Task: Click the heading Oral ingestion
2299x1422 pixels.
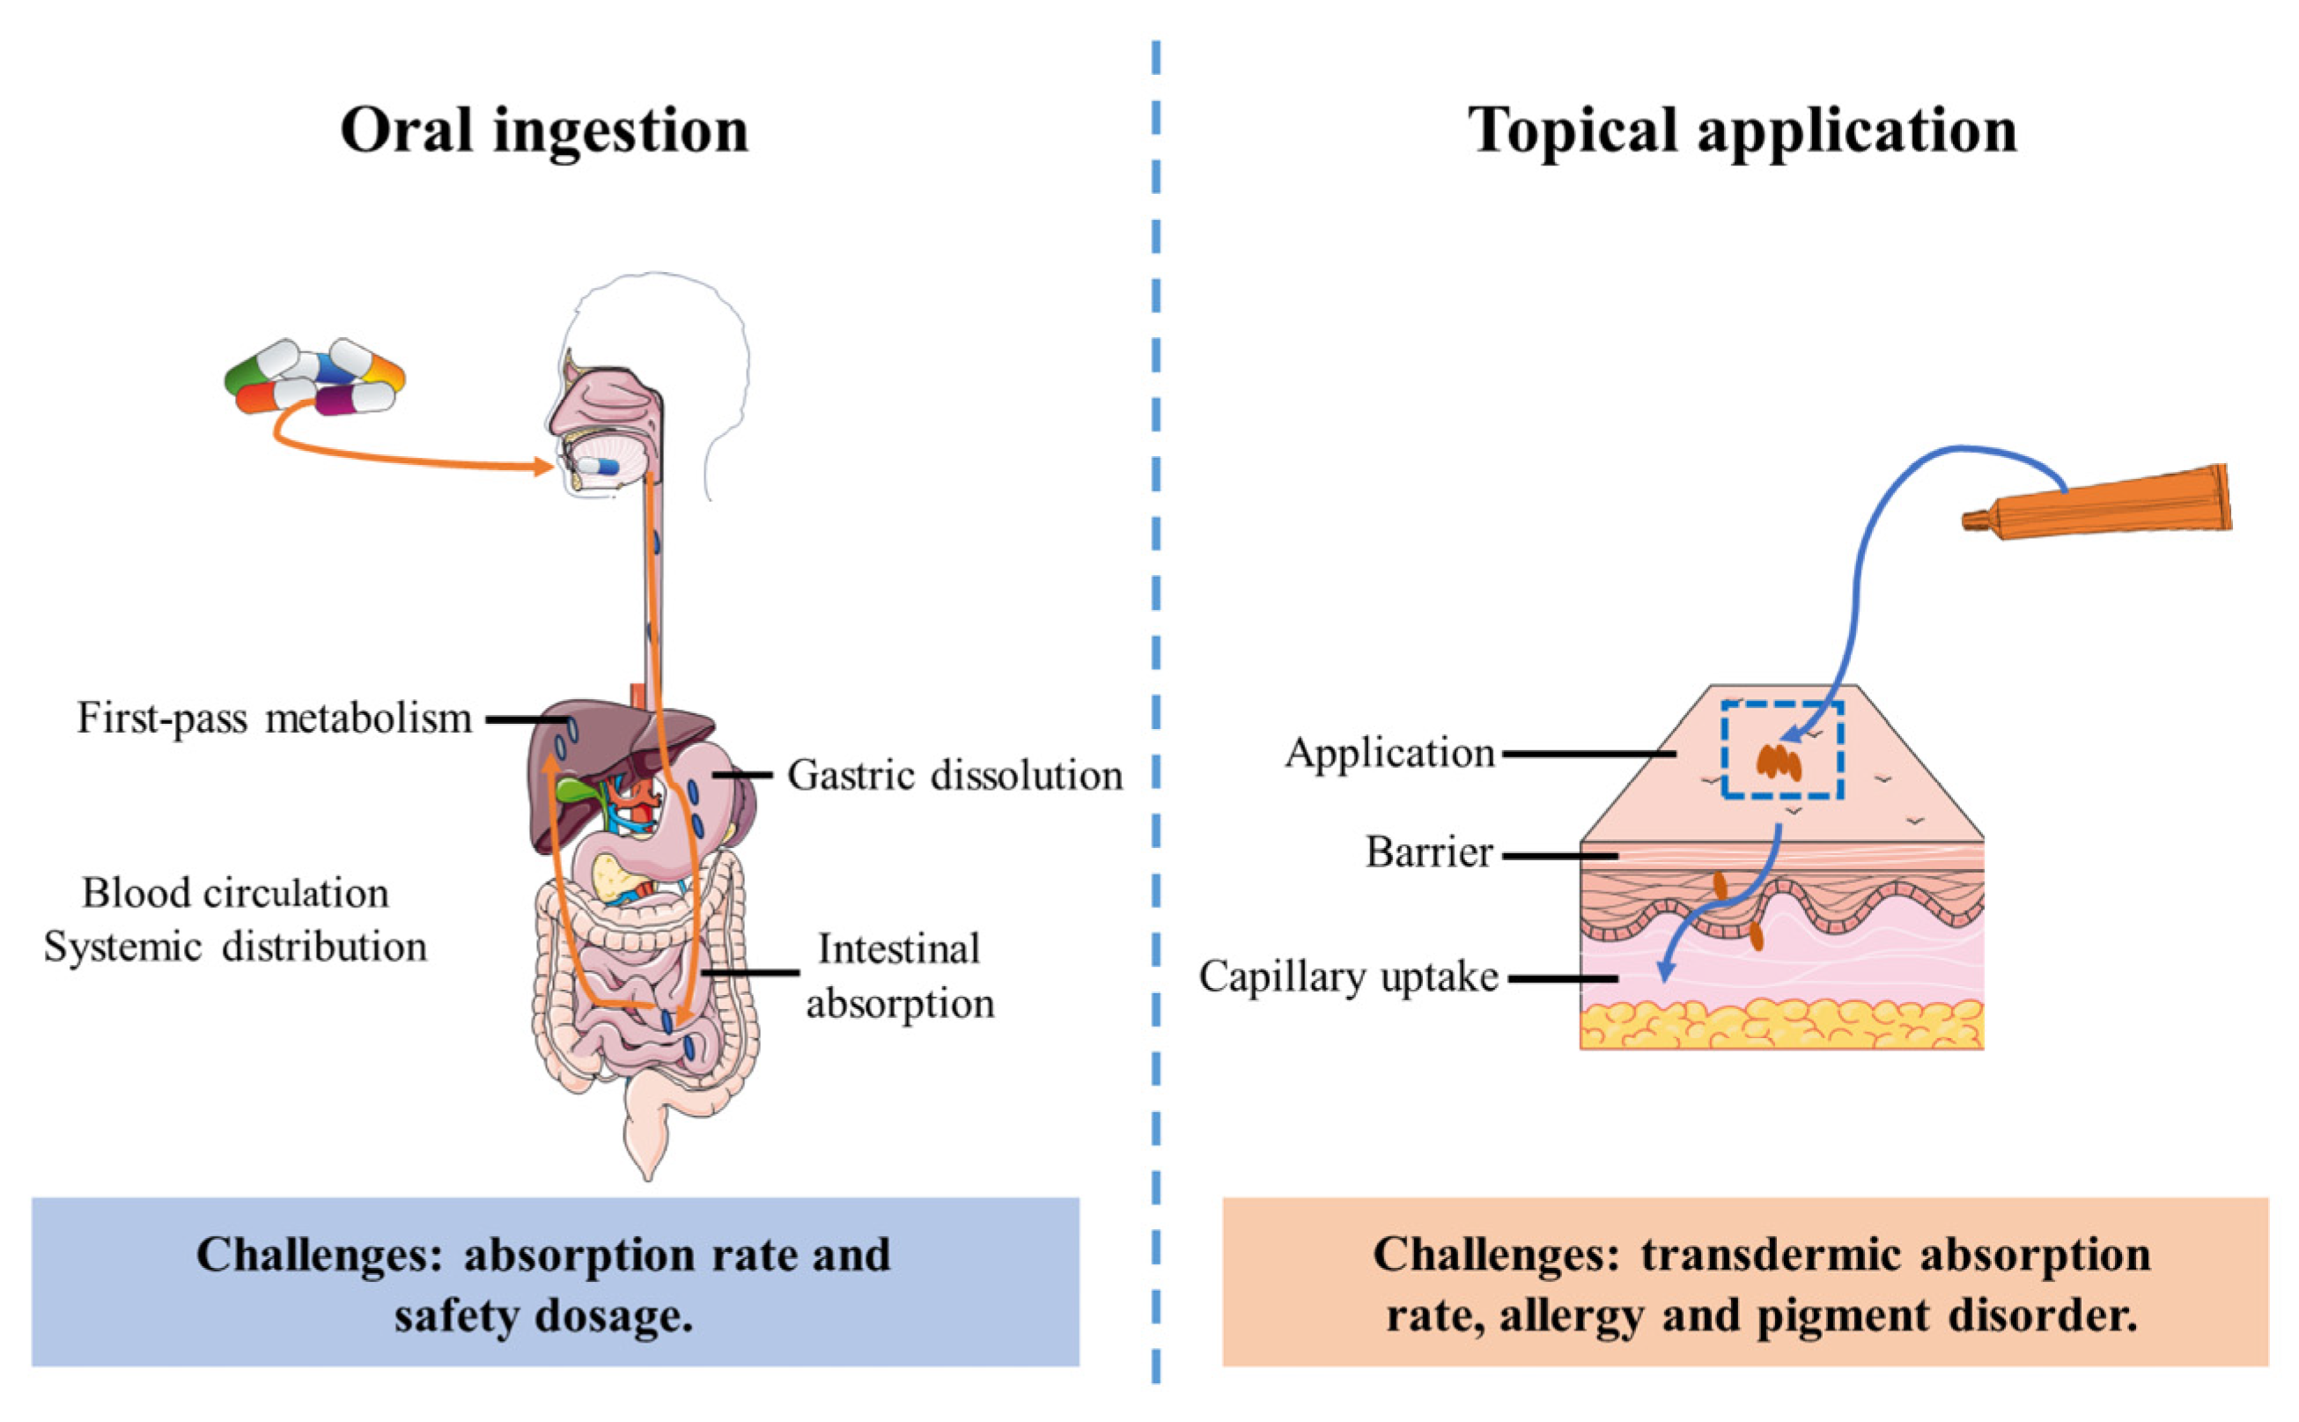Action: pos(543,129)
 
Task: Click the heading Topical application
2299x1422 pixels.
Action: pos(1742,129)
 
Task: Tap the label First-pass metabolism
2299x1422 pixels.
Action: pos(274,718)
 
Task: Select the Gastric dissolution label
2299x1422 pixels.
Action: pos(954,776)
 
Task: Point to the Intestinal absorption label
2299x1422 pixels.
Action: pos(899,976)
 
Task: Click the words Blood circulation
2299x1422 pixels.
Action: pos(235,893)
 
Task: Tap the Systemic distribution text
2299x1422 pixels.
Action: pos(235,947)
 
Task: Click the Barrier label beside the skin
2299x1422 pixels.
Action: pos(1428,852)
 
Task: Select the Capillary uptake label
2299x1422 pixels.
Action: pos(1347,976)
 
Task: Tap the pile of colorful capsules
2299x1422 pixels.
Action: pos(314,378)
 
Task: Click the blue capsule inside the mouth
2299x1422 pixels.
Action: pos(598,466)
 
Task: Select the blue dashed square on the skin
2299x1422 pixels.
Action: pos(1781,749)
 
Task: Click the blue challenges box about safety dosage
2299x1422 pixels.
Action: pos(555,1281)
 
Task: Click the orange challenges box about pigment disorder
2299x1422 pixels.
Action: pos(1744,1281)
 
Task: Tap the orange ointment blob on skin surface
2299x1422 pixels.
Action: pos(1778,762)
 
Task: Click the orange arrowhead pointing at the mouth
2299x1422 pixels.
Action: pos(542,466)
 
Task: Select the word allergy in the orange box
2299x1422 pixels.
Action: pos(1570,1315)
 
